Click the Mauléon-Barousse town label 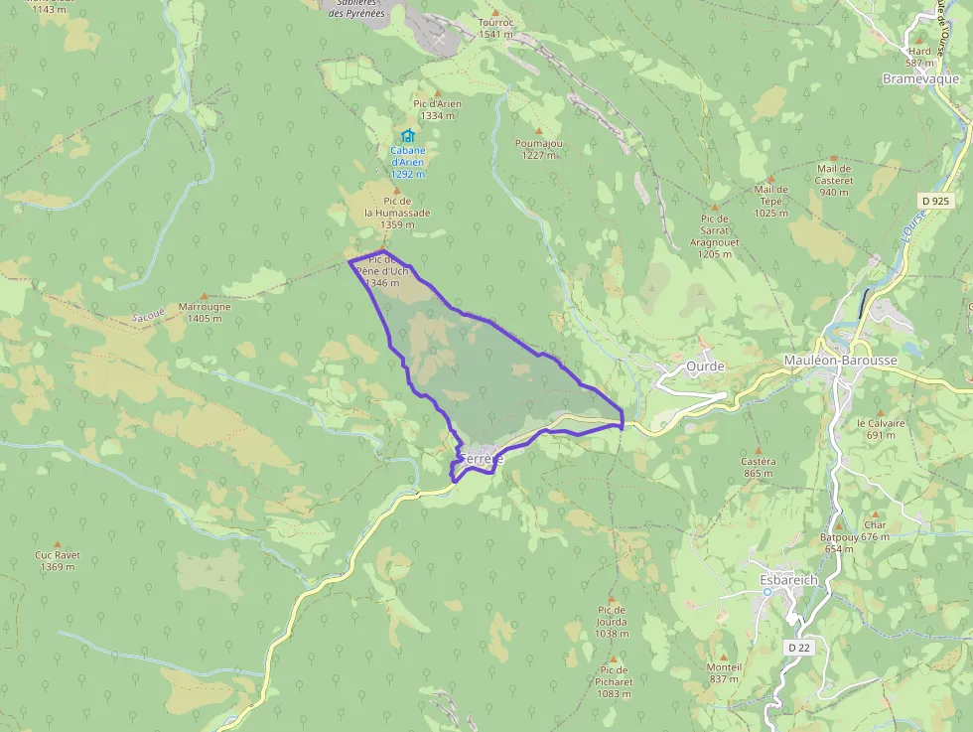click(x=840, y=361)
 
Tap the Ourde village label click(x=705, y=366)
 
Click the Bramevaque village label click(x=920, y=78)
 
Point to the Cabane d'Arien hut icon click(x=407, y=136)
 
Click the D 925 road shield click(x=935, y=201)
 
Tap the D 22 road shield click(x=798, y=648)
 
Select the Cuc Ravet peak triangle click(x=57, y=543)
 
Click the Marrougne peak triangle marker click(x=205, y=295)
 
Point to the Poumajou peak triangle click(x=539, y=130)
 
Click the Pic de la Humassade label click(x=397, y=213)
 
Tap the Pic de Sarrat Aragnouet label click(x=714, y=236)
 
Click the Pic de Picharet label click(x=615, y=682)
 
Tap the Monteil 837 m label click(x=724, y=672)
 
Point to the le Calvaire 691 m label click(x=882, y=428)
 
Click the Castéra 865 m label click(x=759, y=467)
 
